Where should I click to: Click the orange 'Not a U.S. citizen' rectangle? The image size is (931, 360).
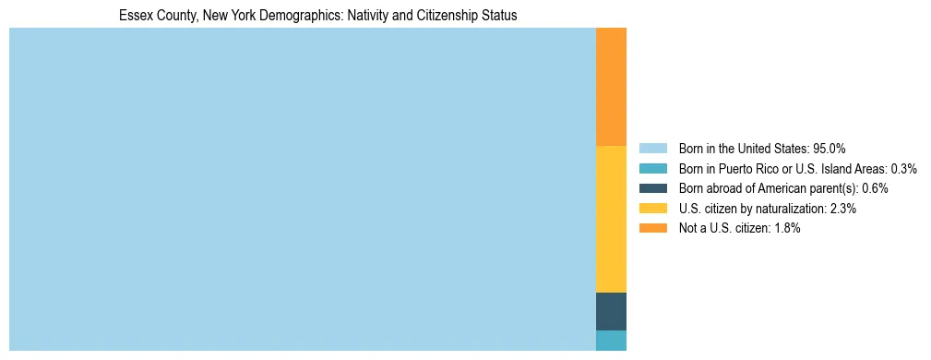pos(611,87)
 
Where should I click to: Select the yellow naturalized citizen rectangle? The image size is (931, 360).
pos(611,219)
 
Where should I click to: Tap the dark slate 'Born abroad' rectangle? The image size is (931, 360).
pos(611,311)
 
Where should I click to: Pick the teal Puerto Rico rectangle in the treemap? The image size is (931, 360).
pos(611,341)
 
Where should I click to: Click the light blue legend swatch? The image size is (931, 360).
pos(652,149)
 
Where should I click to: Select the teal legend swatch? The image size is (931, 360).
pos(652,169)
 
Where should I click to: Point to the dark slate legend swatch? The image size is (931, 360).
pos(652,188)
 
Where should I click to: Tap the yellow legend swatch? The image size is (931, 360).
pos(652,209)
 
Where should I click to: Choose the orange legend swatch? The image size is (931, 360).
pos(652,229)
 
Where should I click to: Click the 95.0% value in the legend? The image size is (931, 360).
pos(829,149)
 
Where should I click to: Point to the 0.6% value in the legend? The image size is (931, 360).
pos(875,188)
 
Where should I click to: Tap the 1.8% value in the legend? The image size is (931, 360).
pos(785,229)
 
